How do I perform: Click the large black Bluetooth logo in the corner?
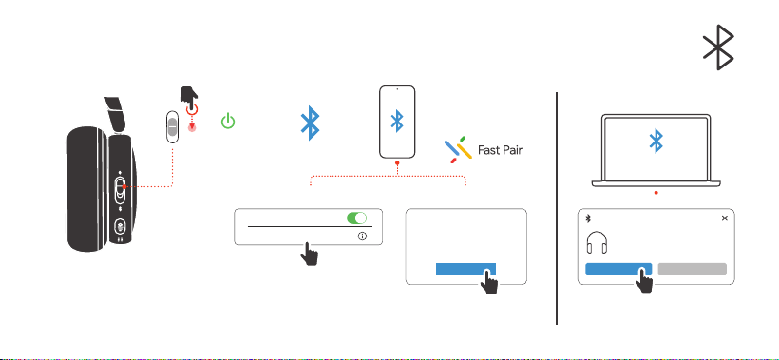[x=718, y=47]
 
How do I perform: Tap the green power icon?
[x=228, y=122]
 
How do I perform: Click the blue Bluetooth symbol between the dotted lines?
[x=310, y=123]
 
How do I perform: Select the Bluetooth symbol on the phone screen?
[x=396, y=122]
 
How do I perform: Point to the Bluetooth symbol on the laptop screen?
[x=656, y=141]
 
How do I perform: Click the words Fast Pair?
[x=500, y=150]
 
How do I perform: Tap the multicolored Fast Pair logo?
[x=458, y=149]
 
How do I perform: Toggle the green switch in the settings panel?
[x=356, y=218]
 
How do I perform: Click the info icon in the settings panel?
[x=362, y=237]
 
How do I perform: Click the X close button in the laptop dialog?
[x=724, y=218]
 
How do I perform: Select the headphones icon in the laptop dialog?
[x=597, y=243]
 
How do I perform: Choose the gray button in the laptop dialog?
[x=692, y=269]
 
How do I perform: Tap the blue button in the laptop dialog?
[x=618, y=269]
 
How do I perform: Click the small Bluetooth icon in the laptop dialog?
[x=589, y=218]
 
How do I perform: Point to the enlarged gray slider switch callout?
[x=172, y=127]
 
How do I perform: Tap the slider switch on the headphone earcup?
[x=120, y=190]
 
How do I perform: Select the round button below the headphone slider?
[x=120, y=227]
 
